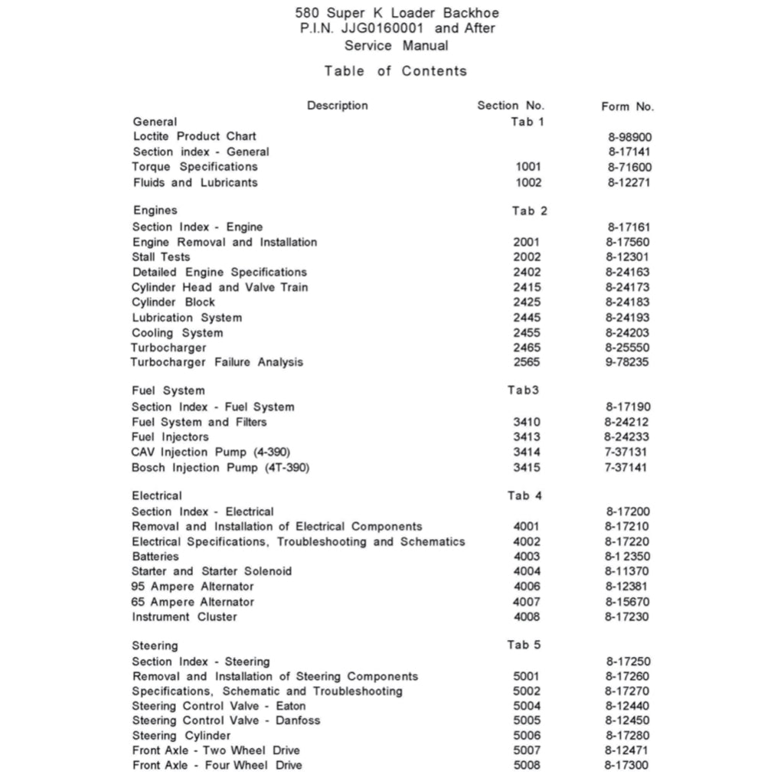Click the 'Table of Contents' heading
pyautogui.click(x=395, y=71)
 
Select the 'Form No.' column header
pyautogui.click(x=627, y=107)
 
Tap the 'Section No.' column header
pyautogui.click(x=511, y=106)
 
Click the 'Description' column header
pyautogui.click(x=337, y=106)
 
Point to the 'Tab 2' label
pyautogui.click(x=530, y=211)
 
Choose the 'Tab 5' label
pyautogui.click(x=524, y=645)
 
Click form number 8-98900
pyautogui.click(x=630, y=137)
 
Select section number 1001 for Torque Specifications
pyautogui.click(x=528, y=167)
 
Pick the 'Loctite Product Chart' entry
pyautogui.click(x=194, y=136)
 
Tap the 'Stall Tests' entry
pyautogui.click(x=161, y=256)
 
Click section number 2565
pyautogui.click(x=527, y=362)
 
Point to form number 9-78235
pyautogui.click(x=627, y=362)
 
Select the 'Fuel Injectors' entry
pyautogui.click(x=170, y=436)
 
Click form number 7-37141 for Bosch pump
pyautogui.click(x=626, y=467)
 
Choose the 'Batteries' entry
pyautogui.click(x=155, y=557)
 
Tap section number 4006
pyautogui.click(x=526, y=586)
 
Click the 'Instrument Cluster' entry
pyautogui.click(x=185, y=617)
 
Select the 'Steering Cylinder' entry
pyautogui.click(x=181, y=736)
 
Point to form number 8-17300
pyautogui.click(x=627, y=766)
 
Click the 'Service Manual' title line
pyautogui.click(x=396, y=45)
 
